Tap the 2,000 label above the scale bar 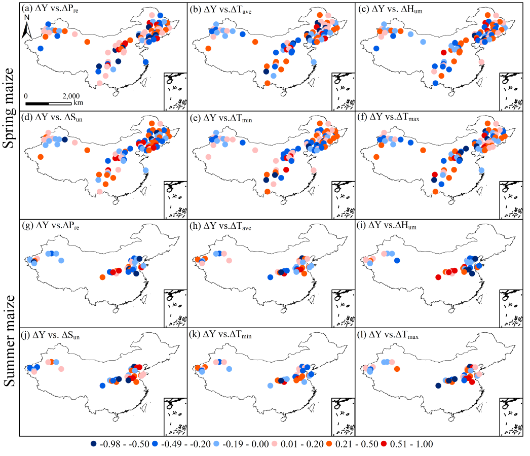tap(71, 96)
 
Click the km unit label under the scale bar tap(78, 102)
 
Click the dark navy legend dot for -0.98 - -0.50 tap(93, 444)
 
